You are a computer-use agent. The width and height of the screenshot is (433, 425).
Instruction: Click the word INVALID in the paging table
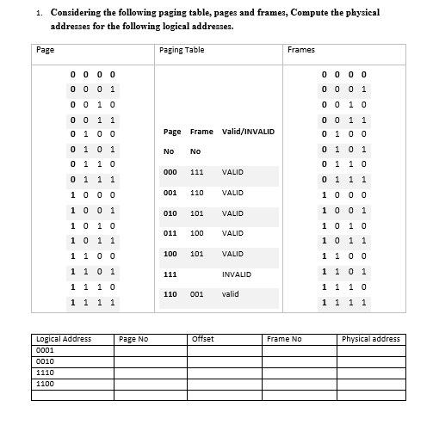point(236,274)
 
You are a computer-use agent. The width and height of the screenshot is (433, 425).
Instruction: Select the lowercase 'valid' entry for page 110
point(230,294)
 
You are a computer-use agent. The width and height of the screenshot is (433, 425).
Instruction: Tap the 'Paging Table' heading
point(182,50)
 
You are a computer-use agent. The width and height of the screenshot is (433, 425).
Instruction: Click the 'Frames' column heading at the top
point(300,50)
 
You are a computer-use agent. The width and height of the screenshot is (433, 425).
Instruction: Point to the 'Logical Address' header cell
point(65,339)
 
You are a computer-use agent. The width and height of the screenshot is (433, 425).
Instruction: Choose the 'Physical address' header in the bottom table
point(371,339)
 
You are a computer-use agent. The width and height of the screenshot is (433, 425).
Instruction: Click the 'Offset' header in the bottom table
point(203,339)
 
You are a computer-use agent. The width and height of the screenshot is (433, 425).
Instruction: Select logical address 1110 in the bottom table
point(46,373)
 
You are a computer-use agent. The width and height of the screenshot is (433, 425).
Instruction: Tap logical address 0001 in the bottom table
point(46,351)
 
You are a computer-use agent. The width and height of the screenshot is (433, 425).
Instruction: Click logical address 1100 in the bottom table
point(46,384)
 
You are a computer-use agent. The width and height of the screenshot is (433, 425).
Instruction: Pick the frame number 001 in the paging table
point(196,294)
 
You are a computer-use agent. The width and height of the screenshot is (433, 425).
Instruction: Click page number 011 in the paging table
point(170,233)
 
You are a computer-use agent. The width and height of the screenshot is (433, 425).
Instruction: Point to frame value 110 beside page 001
point(196,193)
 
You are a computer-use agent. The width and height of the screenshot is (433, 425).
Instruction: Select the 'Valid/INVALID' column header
point(248,132)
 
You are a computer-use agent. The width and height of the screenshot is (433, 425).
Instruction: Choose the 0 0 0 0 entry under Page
point(93,75)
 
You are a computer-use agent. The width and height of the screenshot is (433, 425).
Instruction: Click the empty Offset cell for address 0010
point(225,362)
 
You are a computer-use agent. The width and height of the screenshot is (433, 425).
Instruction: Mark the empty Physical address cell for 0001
point(371,351)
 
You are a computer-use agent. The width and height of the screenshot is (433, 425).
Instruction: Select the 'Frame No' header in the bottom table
point(284,339)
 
